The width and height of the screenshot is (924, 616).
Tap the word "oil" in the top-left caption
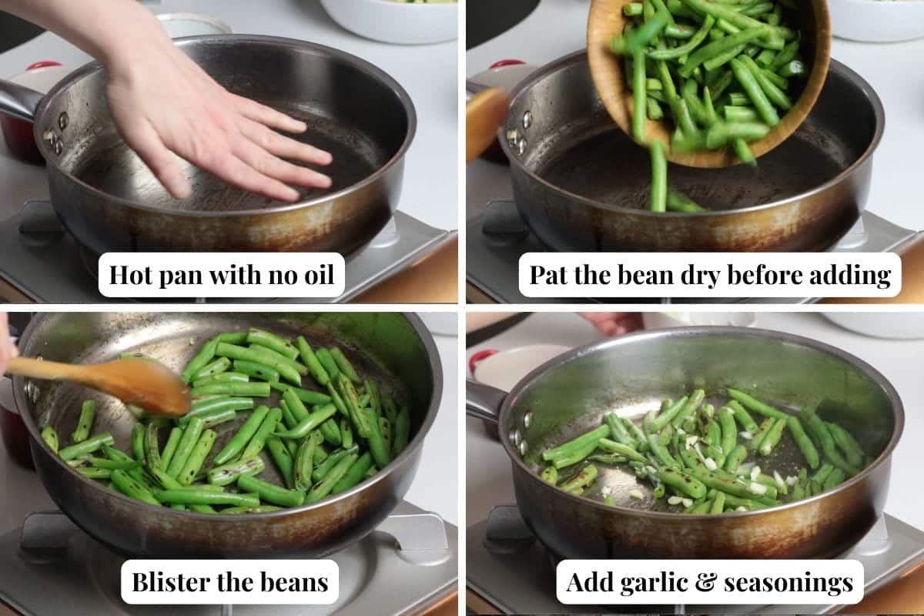pyautogui.click(x=319, y=274)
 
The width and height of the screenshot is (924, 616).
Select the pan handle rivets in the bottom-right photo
pyautogui.click(x=521, y=434)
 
